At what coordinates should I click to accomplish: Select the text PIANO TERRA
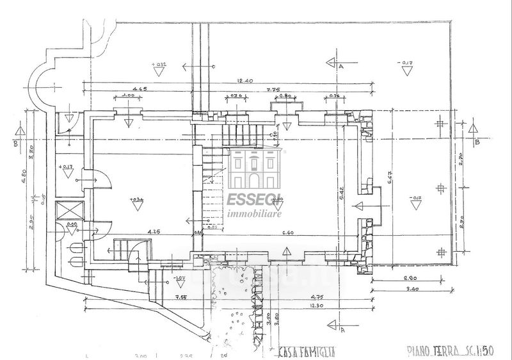tap(433, 352)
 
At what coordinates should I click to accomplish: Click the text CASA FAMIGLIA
tap(305, 352)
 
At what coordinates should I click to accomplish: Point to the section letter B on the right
tap(477, 142)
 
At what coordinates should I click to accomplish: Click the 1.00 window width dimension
tap(129, 96)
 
